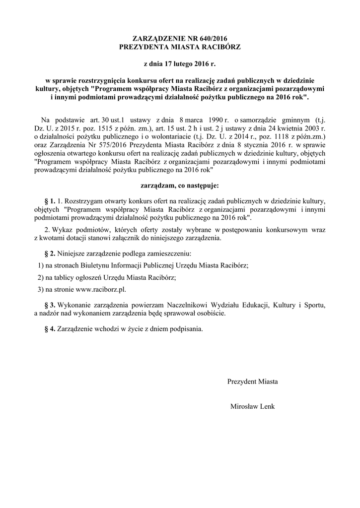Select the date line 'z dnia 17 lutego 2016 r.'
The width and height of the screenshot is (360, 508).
[180, 64]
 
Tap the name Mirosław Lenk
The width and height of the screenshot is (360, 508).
[252, 406]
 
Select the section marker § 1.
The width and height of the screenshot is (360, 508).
[50, 201]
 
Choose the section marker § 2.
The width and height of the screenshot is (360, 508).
[50, 254]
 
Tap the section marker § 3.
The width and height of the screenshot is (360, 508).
[50, 304]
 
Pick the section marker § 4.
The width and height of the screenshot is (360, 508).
[50, 328]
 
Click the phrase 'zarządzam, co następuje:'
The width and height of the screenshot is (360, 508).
[180, 186]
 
